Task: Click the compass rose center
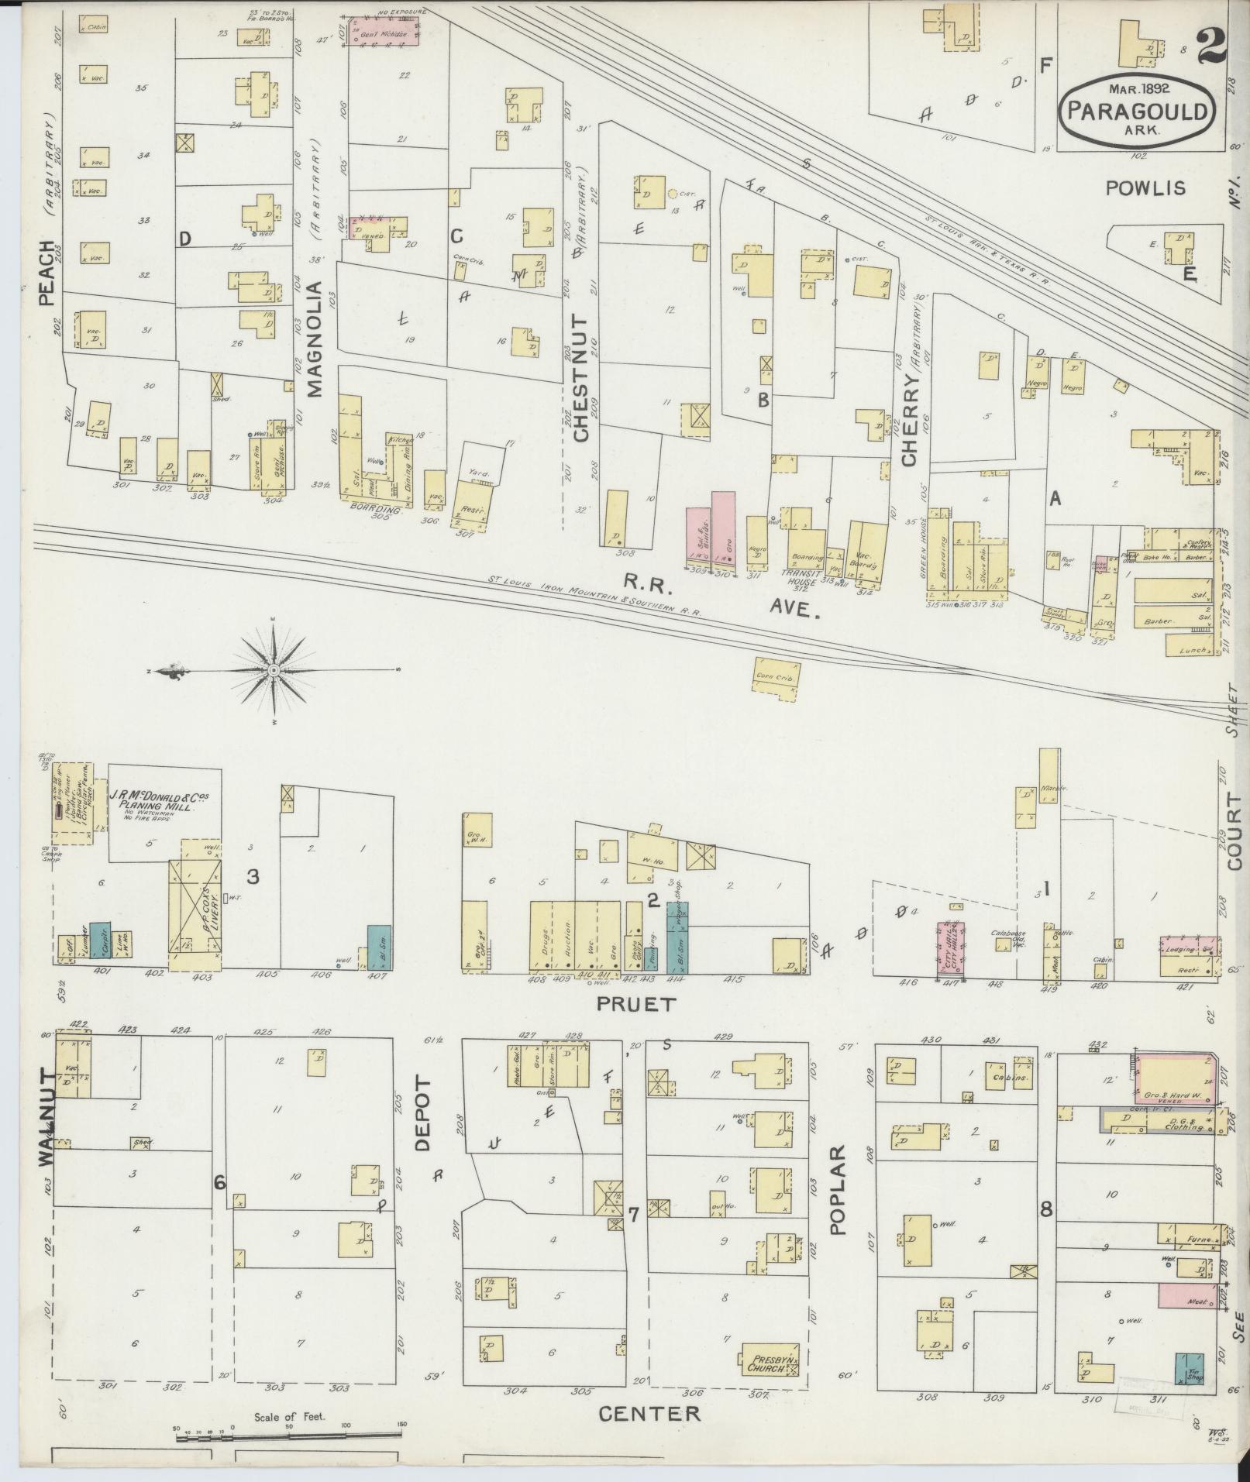(274, 670)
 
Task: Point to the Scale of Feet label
(290, 1417)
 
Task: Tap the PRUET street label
(636, 1004)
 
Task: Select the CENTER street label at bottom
(649, 1414)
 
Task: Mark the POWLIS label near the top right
(1145, 188)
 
